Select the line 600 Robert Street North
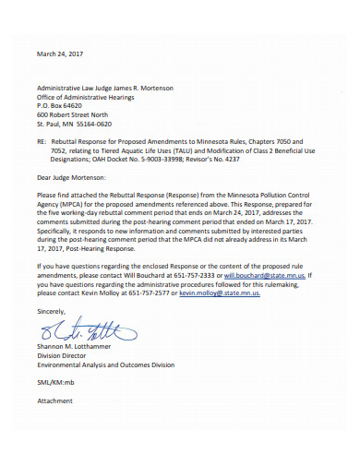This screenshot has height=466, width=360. (x=78, y=114)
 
